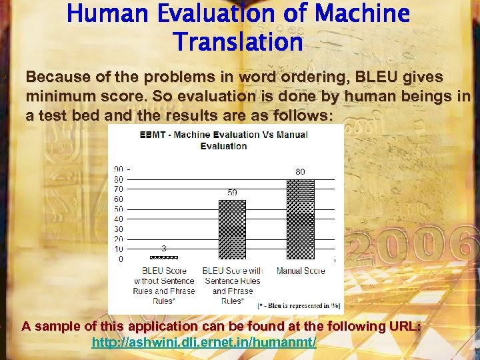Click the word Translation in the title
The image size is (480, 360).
pos(238,42)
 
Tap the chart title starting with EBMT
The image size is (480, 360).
pos(223,140)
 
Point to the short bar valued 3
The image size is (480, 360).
pos(164,257)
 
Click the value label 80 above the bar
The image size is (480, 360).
pos(300,172)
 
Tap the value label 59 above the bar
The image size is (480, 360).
pos(232,193)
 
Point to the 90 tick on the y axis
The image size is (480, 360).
pos(119,169)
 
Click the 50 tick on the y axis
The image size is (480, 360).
pos(119,209)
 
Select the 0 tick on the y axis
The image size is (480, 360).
pos(121,259)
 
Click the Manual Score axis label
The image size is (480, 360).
pos(301,271)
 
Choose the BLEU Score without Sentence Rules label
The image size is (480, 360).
pos(164,285)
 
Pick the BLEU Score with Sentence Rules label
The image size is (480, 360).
pos(232,285)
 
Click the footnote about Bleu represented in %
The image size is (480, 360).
pos(299,305)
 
